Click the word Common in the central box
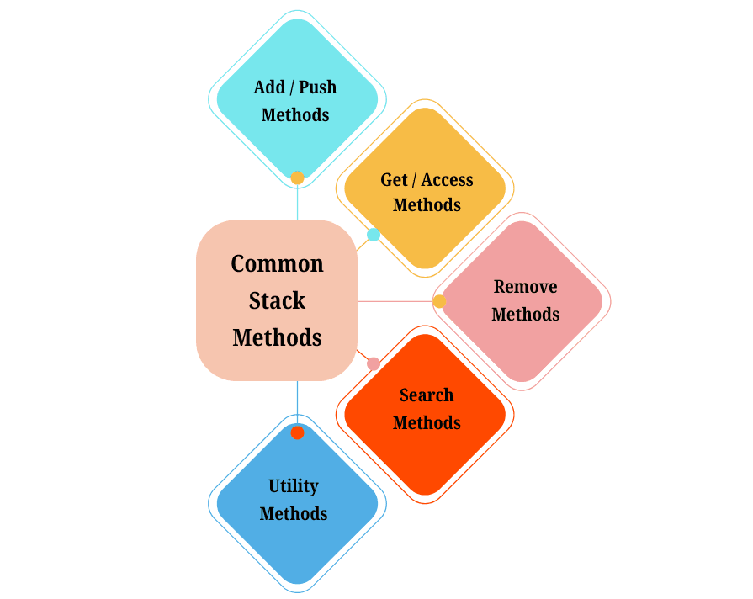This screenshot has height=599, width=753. click(277, 264)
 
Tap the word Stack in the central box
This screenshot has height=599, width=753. click(277, 301)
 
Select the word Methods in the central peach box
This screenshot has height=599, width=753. click(277, 338)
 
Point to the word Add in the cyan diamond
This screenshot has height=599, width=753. click(269, 87)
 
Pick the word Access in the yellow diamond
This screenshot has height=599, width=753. click(447, 180)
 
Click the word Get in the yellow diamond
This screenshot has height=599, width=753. click(394, 180)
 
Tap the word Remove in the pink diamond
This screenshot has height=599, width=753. click(525, 287)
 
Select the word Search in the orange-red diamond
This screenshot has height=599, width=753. click(427, 395)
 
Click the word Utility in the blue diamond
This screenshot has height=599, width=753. click(293, 486)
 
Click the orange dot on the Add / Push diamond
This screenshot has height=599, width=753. click(297, 178)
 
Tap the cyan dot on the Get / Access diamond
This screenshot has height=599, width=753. click(373, 235)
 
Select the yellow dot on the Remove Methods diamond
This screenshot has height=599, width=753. click(439, 301)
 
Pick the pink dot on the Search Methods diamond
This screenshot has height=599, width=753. click(374, 363)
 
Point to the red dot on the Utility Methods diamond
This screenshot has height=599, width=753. click(297, 432)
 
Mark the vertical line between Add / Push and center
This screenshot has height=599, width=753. click(297, 203)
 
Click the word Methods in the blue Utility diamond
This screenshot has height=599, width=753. click(293, 514)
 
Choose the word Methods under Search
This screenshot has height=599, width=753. click(427, 423)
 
